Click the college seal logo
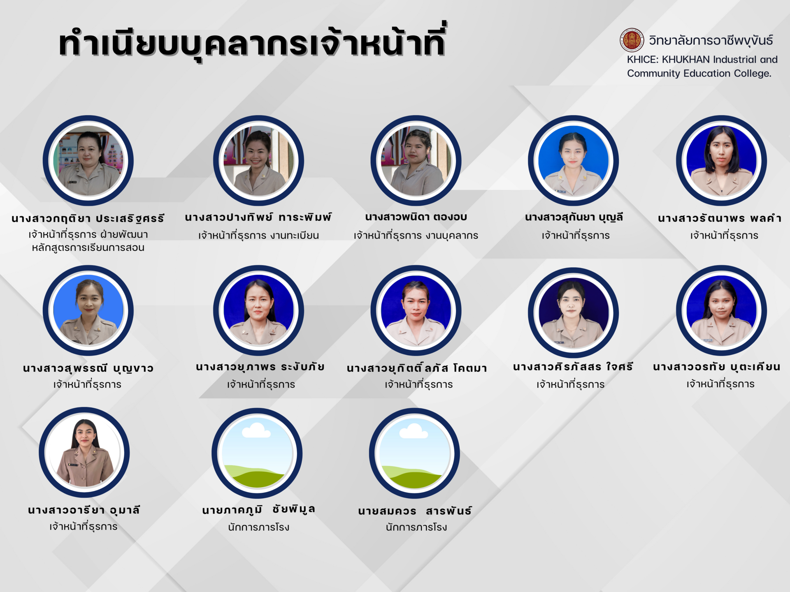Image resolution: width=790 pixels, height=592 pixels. [632, 40]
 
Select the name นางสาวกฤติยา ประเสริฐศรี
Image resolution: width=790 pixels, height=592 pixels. [88, 218]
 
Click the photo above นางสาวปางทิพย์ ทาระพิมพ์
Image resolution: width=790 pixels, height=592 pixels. [258, 160]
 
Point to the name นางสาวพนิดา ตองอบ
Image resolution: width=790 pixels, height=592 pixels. [416, 217]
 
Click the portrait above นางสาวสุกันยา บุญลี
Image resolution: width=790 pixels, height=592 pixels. [573, 160]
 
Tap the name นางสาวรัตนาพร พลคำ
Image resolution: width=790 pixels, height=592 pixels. [719, 218]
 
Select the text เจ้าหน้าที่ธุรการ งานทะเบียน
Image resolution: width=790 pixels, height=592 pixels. [258, 236]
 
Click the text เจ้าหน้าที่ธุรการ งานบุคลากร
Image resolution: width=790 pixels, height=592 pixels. [416, 236]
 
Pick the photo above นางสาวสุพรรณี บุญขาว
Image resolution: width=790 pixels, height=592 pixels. [88, 310]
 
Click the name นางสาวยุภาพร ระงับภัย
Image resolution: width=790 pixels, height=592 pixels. [260, 367]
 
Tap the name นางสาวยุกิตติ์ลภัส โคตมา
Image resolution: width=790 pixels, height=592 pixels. [417, 368]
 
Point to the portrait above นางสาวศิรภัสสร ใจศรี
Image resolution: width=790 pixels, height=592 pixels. [573, 312]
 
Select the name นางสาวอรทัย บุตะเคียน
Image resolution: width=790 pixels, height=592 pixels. [717, 367]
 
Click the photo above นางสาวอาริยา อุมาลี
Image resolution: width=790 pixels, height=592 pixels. [84, 452]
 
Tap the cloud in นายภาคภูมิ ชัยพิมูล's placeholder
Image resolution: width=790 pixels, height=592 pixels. [256, 430]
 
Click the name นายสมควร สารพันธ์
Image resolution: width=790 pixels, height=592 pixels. [415, 511]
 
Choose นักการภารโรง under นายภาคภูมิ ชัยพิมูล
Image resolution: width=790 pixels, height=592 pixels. [258, 527]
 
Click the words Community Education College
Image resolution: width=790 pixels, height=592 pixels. [699, 74]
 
